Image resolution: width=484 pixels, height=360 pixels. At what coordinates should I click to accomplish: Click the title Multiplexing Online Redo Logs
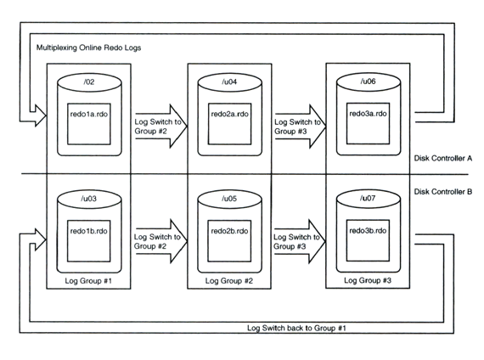click(88, 48)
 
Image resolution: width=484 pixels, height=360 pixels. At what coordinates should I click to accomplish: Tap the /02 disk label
click(89, 82)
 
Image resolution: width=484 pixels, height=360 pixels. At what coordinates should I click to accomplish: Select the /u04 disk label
click(229, 82)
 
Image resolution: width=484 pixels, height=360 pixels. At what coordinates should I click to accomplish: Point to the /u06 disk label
click(368, 82)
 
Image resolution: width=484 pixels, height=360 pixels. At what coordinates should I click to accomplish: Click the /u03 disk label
click(89, 199)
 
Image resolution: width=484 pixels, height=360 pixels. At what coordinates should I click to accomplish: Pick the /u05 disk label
click(229, 199)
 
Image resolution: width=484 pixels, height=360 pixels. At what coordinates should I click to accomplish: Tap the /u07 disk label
click(368, 198)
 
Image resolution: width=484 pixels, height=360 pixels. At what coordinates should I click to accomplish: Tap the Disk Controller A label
click(443, 159)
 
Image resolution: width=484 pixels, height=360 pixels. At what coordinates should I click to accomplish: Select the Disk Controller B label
click(443, 192)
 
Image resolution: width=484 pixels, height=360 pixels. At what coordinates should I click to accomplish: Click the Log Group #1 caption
click(88, 281)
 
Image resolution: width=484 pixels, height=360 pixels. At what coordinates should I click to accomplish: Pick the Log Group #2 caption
click(229, 281)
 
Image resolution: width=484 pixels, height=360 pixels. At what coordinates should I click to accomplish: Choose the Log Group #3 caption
click(368, 280)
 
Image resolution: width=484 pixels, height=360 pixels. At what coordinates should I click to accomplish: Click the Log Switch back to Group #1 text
click(296, 328)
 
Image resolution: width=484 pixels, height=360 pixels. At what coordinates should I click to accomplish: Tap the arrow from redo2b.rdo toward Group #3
click(300, 241)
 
